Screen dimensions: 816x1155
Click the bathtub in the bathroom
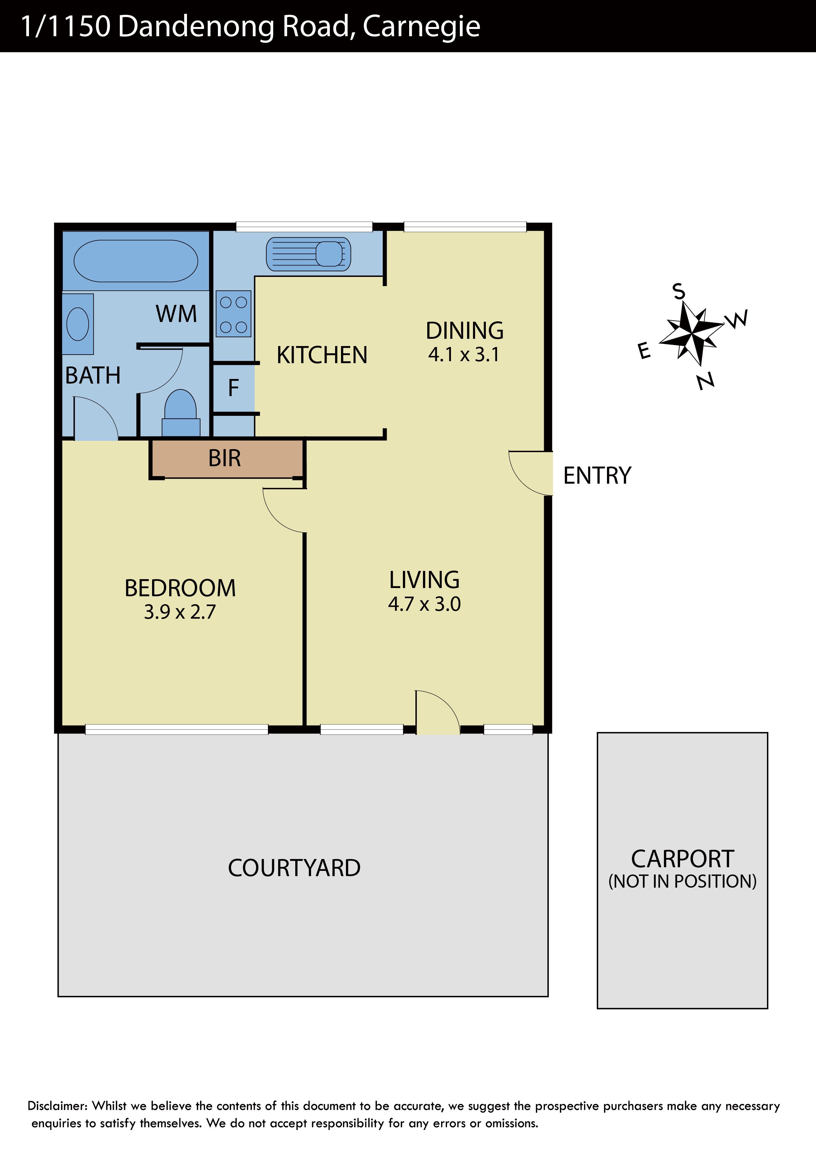[x=136, y=260]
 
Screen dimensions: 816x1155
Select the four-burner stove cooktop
[x=234, y=314]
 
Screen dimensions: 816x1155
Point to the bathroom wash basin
[x=78, y=324]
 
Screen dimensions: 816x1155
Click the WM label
[x=176, y=314]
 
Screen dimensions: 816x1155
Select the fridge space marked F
[x=233, y=388]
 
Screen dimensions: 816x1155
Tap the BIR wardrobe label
[x=225, y=458]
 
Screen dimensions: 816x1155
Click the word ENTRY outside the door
[x=597, y=475]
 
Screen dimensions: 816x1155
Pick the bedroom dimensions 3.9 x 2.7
[x=180, y=612]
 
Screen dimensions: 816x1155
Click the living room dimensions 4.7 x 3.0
[x=424, y=604]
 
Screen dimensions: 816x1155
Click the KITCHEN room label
[x=322, y=355]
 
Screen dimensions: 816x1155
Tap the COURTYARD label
[x=294, y=868]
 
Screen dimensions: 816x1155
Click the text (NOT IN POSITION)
[x=682, y=881]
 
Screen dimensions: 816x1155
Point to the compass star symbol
[x=692, y=333]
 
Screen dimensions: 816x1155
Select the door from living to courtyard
[x=437, y=712]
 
